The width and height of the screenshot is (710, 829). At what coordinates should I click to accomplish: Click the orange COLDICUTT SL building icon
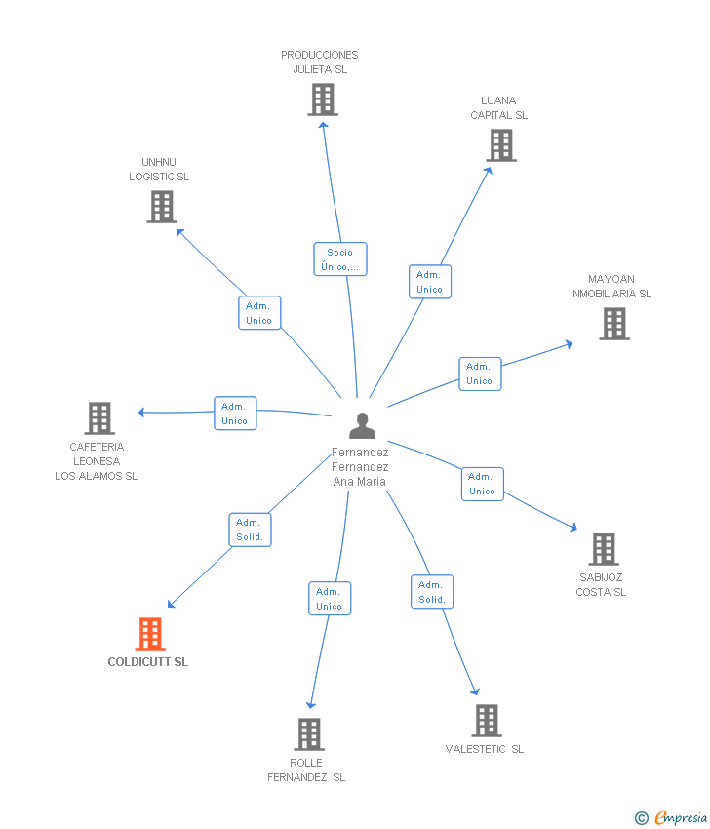(x=149, y=634)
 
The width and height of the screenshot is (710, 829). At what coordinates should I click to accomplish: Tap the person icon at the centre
(x=362, y=426)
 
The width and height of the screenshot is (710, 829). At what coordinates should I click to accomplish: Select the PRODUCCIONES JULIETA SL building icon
(x=322, y=99)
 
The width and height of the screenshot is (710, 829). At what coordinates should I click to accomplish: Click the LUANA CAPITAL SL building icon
(x=501, y=145)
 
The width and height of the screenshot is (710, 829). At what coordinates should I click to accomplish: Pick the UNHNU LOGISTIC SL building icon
(x=162, y=207)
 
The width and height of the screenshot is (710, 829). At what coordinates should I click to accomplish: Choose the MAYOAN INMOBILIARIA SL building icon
(x=613, y=324)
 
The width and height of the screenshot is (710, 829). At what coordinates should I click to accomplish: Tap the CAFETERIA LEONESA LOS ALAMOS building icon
(x=99, y=418)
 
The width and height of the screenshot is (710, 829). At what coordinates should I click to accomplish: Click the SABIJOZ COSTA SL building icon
(x=604, y=549)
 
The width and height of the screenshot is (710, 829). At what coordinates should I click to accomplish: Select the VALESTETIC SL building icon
(x=487, y=721)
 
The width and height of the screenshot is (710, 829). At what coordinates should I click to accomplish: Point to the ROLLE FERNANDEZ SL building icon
(x=308, y=734)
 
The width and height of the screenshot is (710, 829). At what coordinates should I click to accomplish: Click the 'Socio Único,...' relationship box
(x=340, y=259)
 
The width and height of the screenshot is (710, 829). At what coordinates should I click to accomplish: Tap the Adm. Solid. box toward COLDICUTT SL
(x=250, y=530)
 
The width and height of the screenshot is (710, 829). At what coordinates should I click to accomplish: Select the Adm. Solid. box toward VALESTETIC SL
(x=431, y=592)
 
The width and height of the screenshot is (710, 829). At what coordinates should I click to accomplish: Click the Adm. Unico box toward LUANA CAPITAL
(x=429, y=282)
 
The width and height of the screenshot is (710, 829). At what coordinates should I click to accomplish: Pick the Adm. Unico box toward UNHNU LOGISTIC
(x=259, y=313)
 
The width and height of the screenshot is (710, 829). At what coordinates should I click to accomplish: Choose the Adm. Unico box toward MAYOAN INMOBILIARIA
(x=480, y=374)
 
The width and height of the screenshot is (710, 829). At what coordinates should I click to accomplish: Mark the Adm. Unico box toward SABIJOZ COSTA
(x=482, y=484)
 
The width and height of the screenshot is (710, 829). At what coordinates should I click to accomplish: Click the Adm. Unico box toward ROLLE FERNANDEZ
(x=329, y=599)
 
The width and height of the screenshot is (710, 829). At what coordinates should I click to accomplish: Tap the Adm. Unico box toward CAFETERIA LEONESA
(x=235, y=414)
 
